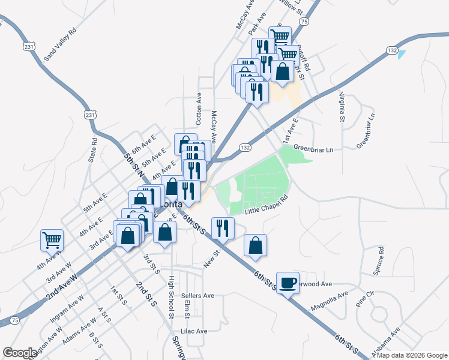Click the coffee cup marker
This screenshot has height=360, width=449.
288,283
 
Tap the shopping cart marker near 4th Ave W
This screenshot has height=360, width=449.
52,241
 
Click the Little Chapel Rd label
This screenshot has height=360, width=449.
267,205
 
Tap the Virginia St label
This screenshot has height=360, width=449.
342,107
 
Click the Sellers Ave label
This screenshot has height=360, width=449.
197,296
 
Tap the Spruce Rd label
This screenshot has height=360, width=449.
379,260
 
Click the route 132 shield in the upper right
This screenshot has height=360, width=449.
391,52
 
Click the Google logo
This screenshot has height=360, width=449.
20,352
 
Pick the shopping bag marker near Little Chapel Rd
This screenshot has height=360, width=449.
256,245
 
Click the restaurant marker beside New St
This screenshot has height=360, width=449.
223,228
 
